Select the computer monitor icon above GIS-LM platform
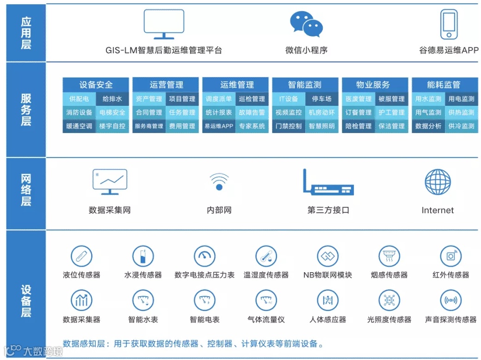(164, 24)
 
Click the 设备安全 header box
(96, 85)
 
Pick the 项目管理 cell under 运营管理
(182, 99)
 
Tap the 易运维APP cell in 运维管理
(219, 126)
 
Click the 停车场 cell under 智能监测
(322, 99)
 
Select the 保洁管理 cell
(391, 126)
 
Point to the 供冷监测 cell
(461, 126)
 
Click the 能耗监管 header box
(444, 85)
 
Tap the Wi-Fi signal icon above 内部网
(219, 181)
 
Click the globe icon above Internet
(438, 182)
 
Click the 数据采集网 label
(110, 210)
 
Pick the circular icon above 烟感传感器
(389, 256)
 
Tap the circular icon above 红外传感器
(450, 256)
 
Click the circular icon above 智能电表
(204, 300)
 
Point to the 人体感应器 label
(328, 319)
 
